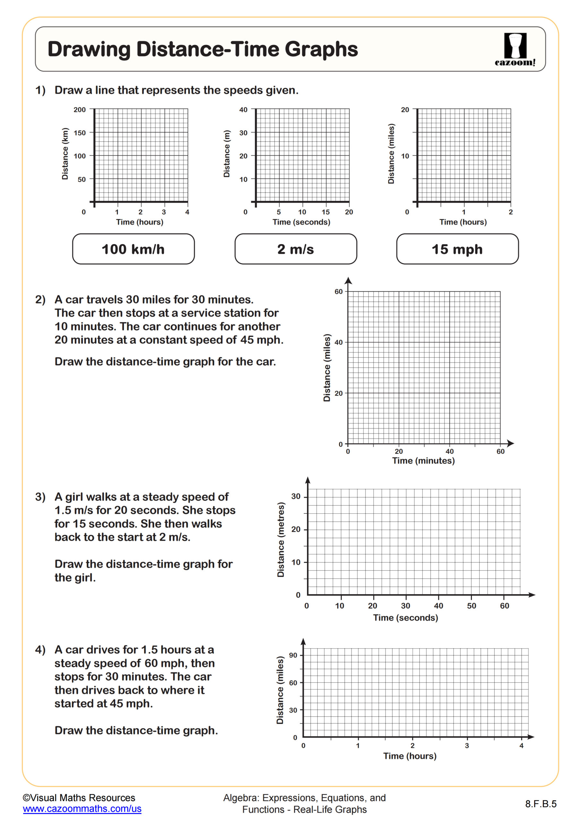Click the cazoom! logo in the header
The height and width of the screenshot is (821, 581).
pos(515,49)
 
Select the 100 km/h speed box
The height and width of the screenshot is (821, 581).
pos(133,249)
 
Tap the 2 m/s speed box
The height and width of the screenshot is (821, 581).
pos(295,249)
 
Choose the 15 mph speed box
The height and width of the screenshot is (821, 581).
pos(457,249)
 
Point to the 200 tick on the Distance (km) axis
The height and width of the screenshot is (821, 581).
pos(80,110)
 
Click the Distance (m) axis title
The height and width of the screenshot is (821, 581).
pos(226,154)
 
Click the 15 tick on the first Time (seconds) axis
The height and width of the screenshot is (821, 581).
pos(325,212)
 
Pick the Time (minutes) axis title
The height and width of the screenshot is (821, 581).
pos(423,461)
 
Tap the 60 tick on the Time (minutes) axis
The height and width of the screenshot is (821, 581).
pos(500,452)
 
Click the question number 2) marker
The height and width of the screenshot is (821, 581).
pos(40,300)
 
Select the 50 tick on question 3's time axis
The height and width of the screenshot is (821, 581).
pos(471,606)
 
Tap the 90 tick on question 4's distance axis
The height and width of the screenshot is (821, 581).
pos(293,656)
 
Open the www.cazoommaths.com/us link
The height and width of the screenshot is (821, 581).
pos(82,809)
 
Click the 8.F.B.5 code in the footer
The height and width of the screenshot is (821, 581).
pos(541,804)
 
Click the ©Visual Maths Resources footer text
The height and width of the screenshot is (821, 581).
pos(79,798)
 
